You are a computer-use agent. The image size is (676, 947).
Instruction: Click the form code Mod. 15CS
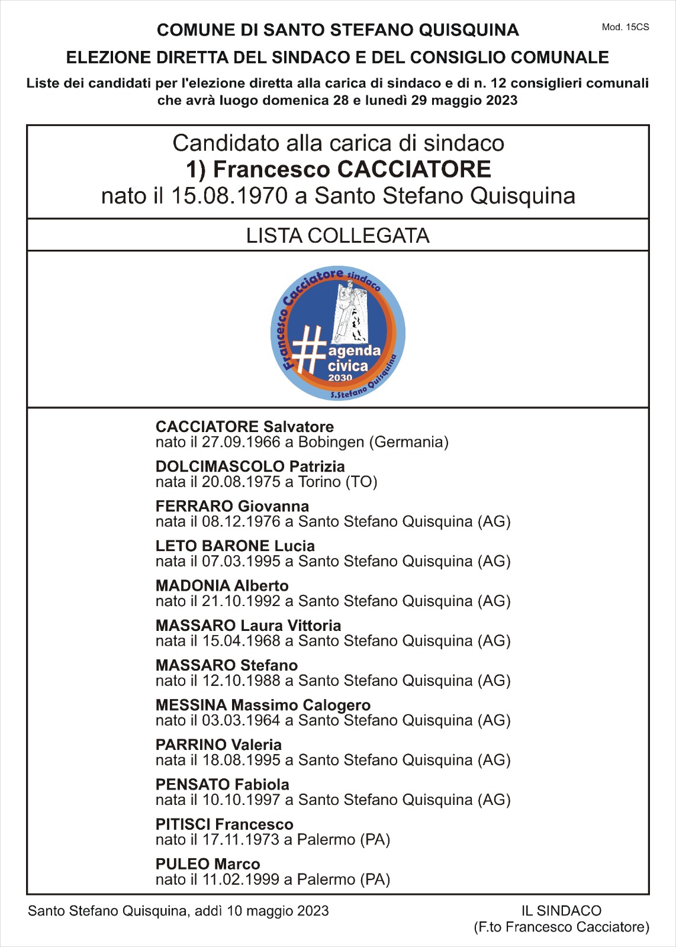(625, 27)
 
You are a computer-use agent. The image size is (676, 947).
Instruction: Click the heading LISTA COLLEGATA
(337, 236)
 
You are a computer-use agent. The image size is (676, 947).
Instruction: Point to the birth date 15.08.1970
(229, 195)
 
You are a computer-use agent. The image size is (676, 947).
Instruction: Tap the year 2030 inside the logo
(340, 378)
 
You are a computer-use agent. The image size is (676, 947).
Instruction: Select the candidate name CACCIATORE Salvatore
(244, 427)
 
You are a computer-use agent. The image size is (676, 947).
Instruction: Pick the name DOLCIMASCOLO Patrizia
(250, 466)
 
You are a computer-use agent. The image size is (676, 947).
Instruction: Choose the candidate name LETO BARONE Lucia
(235, 546)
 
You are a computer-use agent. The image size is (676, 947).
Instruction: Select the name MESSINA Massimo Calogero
(263, 705)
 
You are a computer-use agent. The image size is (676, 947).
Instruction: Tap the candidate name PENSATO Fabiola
(222, 785)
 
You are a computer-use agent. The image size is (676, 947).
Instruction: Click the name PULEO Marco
(208, 864)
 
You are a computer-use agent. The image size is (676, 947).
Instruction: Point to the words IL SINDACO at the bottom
(561, 911)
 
